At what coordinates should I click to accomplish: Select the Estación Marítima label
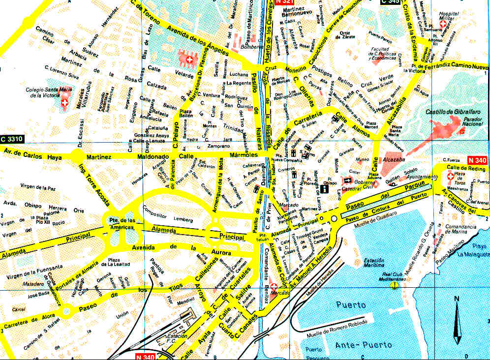pos(374,263)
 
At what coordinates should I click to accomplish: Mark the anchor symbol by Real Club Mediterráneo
pos(394,285)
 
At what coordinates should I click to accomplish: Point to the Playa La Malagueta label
pos(473,250)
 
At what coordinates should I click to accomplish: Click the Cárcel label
pos(18,309)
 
